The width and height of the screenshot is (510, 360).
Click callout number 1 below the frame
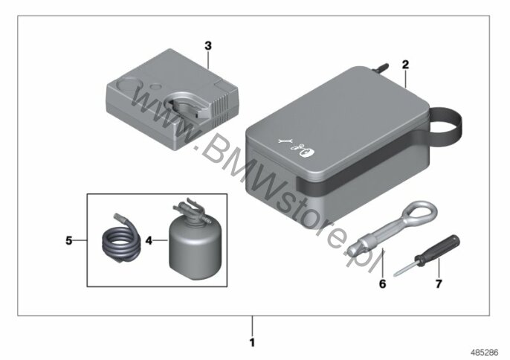pyautogui.click(x=252, y=342)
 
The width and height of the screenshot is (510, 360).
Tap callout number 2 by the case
pyautogui.click(x=405, y=65)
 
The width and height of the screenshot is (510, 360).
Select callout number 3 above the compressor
pyautogui.click(x=208, y=46)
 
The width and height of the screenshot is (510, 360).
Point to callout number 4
pyautogui.click(x=149, y=241)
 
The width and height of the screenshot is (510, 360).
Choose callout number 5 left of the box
pyautogui.click(x=68, y=241)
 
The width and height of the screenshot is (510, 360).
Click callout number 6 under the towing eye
pyautogui.click(x=382, y=284)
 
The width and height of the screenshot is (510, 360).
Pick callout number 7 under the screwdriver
pyautogui.click(x=439, y=284)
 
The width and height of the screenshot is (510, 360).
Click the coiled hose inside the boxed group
pyautogui.click(x=120, y=240)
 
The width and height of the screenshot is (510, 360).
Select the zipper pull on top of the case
pyautogui.click(x=381, y=68)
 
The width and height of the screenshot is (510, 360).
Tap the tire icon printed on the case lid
pyautogui.click(x=307, y=151)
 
